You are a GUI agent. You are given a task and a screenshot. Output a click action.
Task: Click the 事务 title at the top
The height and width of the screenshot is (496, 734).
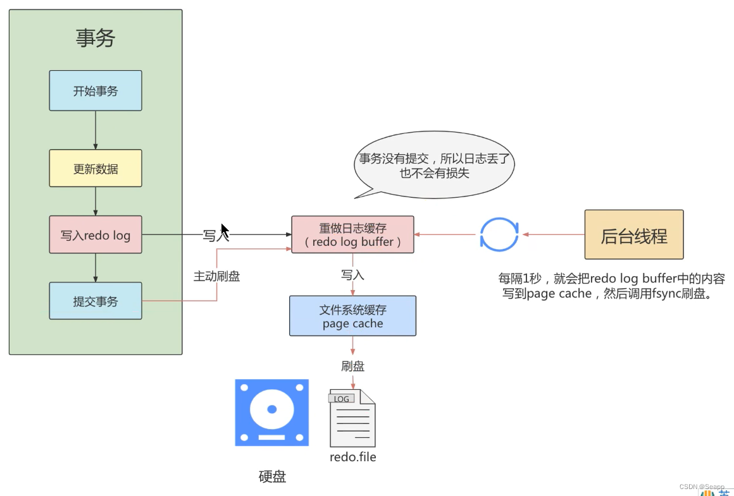point(96,39)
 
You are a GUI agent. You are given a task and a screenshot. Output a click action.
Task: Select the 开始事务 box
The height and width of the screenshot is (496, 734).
point(96,90)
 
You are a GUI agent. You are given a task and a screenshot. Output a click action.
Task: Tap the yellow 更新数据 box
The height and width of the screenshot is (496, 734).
point(96,168)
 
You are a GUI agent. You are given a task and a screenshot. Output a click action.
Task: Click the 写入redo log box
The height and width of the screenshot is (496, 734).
point(96,235)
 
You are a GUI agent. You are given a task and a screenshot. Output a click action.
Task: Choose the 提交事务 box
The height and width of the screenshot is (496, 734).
point(96,301)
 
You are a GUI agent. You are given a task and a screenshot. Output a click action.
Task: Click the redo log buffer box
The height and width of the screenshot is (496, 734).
point(352,234)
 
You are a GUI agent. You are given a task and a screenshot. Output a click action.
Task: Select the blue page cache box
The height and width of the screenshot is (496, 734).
point(352,316)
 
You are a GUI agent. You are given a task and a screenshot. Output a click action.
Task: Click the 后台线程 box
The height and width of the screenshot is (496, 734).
point(633,235)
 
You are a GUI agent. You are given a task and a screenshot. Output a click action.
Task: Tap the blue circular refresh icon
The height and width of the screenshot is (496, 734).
point(499,234)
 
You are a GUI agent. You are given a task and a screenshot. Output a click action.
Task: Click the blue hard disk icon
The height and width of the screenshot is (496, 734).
point(271,413)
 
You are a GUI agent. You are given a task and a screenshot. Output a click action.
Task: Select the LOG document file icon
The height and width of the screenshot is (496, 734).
point(352,418)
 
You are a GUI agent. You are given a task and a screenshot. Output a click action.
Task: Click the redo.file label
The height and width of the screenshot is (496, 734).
point(352,456)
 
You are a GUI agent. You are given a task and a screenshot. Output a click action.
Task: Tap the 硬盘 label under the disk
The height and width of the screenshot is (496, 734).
point(272,476)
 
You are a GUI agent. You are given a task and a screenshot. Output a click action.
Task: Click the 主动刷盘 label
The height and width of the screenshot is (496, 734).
point(216,276)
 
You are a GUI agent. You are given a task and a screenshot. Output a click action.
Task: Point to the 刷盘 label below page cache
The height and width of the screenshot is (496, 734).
point(352,366)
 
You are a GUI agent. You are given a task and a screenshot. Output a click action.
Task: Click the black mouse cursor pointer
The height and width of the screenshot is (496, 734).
point(224,230)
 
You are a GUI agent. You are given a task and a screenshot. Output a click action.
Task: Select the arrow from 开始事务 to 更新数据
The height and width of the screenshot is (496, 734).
point(96,130)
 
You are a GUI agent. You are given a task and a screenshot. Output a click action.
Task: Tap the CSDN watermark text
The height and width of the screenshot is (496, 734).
point(701,487)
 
